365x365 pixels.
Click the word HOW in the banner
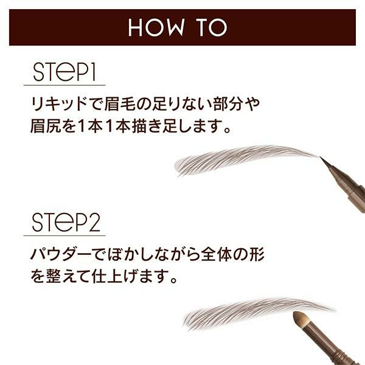click(156, 27)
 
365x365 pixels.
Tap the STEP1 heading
click(64, 72)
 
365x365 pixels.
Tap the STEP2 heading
click(66, 222)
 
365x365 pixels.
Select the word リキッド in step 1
click(58, 104)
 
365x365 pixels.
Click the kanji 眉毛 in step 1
click(119, 104)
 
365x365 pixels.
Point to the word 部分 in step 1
click(228, 104)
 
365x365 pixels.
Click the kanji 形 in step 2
click(257, 255)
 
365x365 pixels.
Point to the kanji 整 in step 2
click(54, 276)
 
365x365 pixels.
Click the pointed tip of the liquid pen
click(321, 157)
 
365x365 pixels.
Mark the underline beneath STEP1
click(64, 85)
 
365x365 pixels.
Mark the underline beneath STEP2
click(64, 235)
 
